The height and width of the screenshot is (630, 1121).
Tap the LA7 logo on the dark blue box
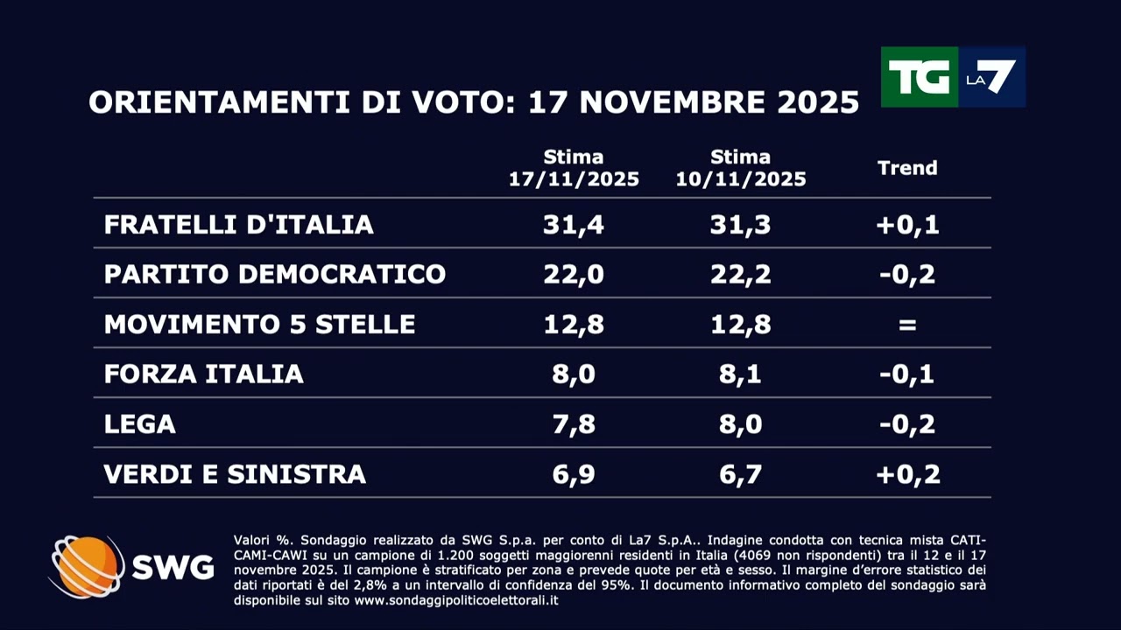pos(990,77)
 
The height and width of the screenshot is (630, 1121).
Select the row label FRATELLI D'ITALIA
pos(238,225)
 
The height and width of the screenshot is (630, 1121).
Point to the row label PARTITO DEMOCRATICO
pos(274,275)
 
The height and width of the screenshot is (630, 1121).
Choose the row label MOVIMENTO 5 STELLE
pos(259,325)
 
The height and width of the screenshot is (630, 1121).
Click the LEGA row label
pos(139,424)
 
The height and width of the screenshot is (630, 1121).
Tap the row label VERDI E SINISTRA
pos(235,474)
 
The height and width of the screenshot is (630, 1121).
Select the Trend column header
pos(907,168)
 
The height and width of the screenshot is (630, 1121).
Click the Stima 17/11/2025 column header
pos(574,169)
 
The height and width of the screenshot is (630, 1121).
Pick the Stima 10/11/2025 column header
pos(740,169)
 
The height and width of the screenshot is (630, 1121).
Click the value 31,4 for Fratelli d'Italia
pos(574,225)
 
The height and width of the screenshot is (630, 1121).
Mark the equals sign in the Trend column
pos(907,325)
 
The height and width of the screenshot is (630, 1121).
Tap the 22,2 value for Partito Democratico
pos(740,275)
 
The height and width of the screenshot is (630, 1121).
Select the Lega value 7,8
pos(574,424)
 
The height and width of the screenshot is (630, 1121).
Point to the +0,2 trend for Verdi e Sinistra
pos(907,474)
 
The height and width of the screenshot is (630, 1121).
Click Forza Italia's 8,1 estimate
pos(740,374)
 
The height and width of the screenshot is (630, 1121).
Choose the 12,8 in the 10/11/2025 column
pos(740,325)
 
